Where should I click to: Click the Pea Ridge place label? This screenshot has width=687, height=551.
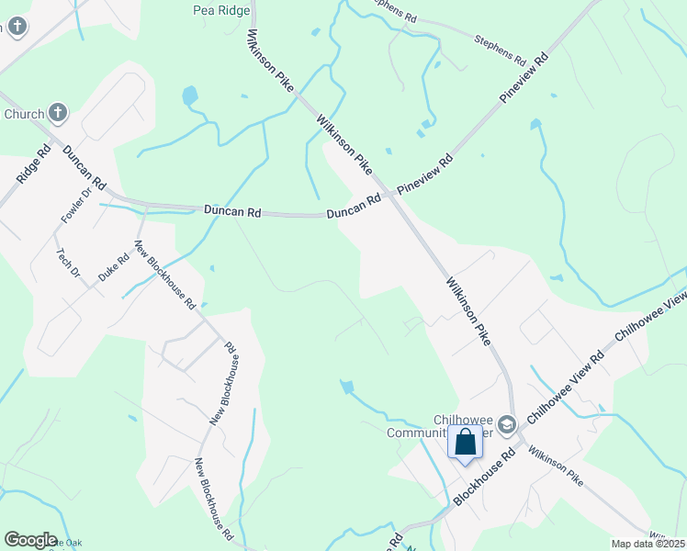tap(221, 11)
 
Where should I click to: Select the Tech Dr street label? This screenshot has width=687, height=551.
tap(70, 264)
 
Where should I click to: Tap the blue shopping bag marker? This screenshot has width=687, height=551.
tap(466, 442)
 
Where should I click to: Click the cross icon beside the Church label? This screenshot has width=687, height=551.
tap(58, 114)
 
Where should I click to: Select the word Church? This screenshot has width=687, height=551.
tap(24, 115)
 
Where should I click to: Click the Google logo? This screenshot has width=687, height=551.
tap(30, 540)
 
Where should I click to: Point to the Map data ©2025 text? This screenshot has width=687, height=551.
tap(648, 544)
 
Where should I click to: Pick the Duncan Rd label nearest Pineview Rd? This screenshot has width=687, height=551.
tap(354, 206)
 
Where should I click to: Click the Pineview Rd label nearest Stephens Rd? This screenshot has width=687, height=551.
tap(524, 77)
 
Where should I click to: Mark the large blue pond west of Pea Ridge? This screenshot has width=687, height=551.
tap(190, 95)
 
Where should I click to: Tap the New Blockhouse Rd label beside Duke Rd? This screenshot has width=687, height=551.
tap(165, 275)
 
